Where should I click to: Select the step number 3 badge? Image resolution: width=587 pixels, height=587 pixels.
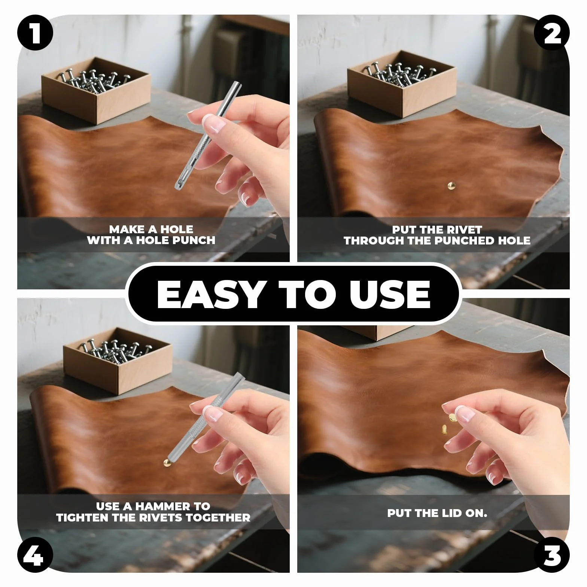pyautogui.click(x=551, y=554)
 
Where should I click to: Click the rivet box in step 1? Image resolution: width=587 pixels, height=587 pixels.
pyautogui.click(x=96, y=90)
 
